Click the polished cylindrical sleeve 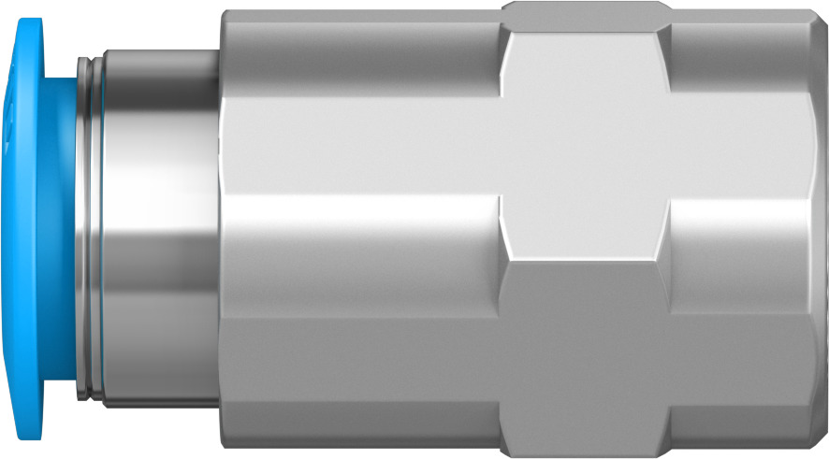pos(159,229)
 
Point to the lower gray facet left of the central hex pos(360,374)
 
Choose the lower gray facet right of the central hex pos(739,374)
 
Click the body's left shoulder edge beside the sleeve pos(223,229)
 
